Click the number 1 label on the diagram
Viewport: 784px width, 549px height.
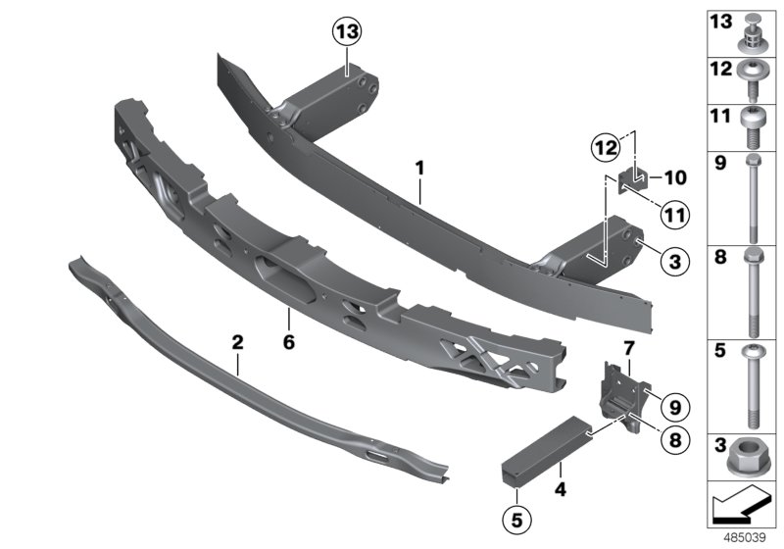click(x=418, y=169)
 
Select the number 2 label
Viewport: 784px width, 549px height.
click(x=237, y=343)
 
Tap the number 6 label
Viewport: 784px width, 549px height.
click(x=289, y=316)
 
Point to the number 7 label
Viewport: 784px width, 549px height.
click(x=629, y=348)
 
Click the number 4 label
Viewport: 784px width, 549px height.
click(x=559, y=485)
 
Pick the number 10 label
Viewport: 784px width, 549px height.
click(x=675, y=179)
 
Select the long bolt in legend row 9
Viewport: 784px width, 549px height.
click(x=752, y=201)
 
